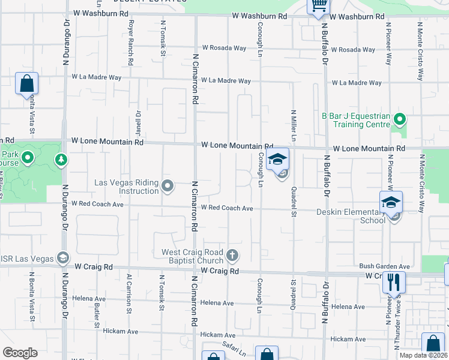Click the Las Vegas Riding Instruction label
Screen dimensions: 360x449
[127, 187]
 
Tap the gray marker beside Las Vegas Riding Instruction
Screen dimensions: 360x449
[168, 187]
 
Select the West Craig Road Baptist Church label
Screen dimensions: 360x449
[192, 256]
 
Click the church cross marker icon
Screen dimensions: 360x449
[233, 256]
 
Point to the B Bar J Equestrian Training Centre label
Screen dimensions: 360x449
[356, 120]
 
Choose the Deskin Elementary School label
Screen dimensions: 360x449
[351, 216]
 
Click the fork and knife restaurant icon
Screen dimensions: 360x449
[394, 282]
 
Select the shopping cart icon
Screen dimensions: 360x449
[319, 6]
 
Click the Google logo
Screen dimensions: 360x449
[20, 353]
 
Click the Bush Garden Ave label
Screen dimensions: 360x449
[384, 266]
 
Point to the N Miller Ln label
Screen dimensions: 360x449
[294, 125]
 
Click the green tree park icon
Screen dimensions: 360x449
[61, 160]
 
